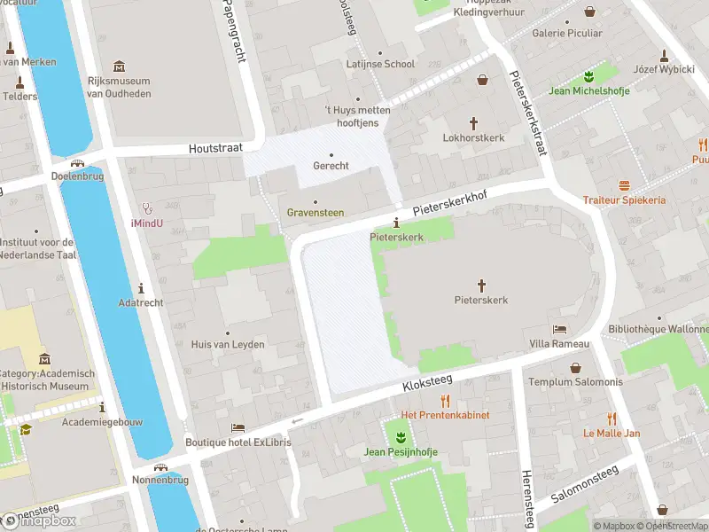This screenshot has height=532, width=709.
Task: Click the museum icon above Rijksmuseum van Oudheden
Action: [x=120, y=66]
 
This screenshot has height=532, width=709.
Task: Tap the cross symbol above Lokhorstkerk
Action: [x=473, y=123]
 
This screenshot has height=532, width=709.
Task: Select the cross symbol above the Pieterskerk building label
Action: [x=482, y=285]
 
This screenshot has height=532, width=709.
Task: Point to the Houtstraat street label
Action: [x=214, y=150]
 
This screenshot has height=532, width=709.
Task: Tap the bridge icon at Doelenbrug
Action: [x=79, y=162]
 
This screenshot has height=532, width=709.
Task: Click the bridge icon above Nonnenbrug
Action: [x=160, y=467]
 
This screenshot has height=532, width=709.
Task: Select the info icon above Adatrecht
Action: [x=142, y=288]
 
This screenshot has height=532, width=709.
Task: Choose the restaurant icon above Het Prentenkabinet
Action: [x=445, y=401]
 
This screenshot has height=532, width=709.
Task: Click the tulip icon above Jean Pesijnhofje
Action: [x=401, y=437]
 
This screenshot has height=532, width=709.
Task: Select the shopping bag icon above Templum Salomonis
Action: [x=575, y=367]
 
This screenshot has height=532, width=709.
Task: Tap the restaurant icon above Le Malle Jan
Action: [x=612, y=419]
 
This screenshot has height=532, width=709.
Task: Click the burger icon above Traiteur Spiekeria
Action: [x=624, y=185]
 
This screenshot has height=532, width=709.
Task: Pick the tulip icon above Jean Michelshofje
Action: [x=586, y=75]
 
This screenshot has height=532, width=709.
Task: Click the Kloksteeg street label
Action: [x=426, y=382]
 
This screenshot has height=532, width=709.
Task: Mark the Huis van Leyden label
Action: [x=229, y=345]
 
